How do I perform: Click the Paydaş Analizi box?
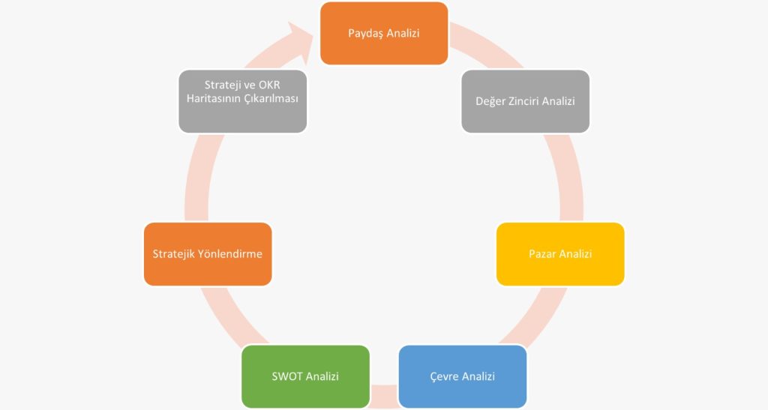[384, 33]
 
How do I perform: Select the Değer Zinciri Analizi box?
[525, 101]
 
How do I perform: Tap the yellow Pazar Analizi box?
[560, 254]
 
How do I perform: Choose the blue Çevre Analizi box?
[463, 377]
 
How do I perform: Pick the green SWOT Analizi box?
[306, 377]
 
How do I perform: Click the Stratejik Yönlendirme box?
[208, 254]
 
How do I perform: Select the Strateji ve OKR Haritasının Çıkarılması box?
[242, 101]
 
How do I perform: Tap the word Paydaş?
[366, 33]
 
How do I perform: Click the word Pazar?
[542, 254]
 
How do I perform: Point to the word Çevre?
[444, 377]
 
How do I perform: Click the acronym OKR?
[269, 85]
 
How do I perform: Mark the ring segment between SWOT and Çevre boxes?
[385, 396]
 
